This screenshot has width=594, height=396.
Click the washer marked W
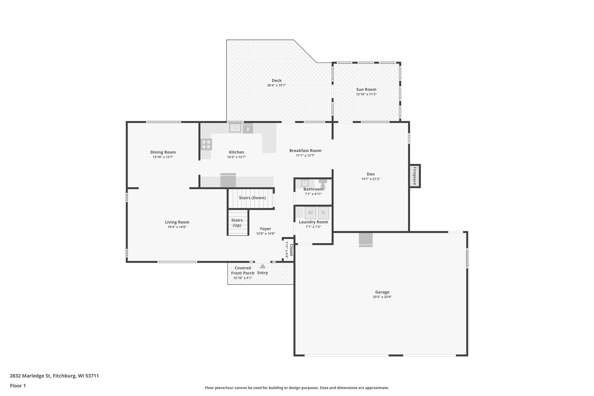point(310,213)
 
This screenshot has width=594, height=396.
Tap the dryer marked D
point(323,213)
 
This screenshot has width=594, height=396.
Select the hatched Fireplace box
point(414,176)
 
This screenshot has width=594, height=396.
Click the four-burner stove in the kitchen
point(206,144)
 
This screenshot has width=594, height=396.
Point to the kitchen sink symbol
point(235,128)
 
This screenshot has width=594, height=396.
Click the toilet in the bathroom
point(323,184)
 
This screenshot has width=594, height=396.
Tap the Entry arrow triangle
point(262,266)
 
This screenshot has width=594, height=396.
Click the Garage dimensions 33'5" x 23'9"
point(382,297)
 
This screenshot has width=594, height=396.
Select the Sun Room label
point(366,89)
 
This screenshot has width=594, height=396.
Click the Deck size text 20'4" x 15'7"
point(277,85)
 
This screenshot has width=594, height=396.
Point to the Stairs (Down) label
point(252,198)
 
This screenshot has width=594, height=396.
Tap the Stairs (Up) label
point(237,223)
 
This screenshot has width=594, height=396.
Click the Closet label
point(291,250)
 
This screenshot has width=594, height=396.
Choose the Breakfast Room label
point(305,151)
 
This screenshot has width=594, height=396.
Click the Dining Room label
point(163,152)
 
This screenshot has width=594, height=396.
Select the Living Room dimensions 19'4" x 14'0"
point(177,227)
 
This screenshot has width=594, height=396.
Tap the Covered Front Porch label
point(242,270)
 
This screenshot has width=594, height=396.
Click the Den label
point(370,174)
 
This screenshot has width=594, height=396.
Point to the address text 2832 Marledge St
point(54,376)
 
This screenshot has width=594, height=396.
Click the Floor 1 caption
point(18,386)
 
